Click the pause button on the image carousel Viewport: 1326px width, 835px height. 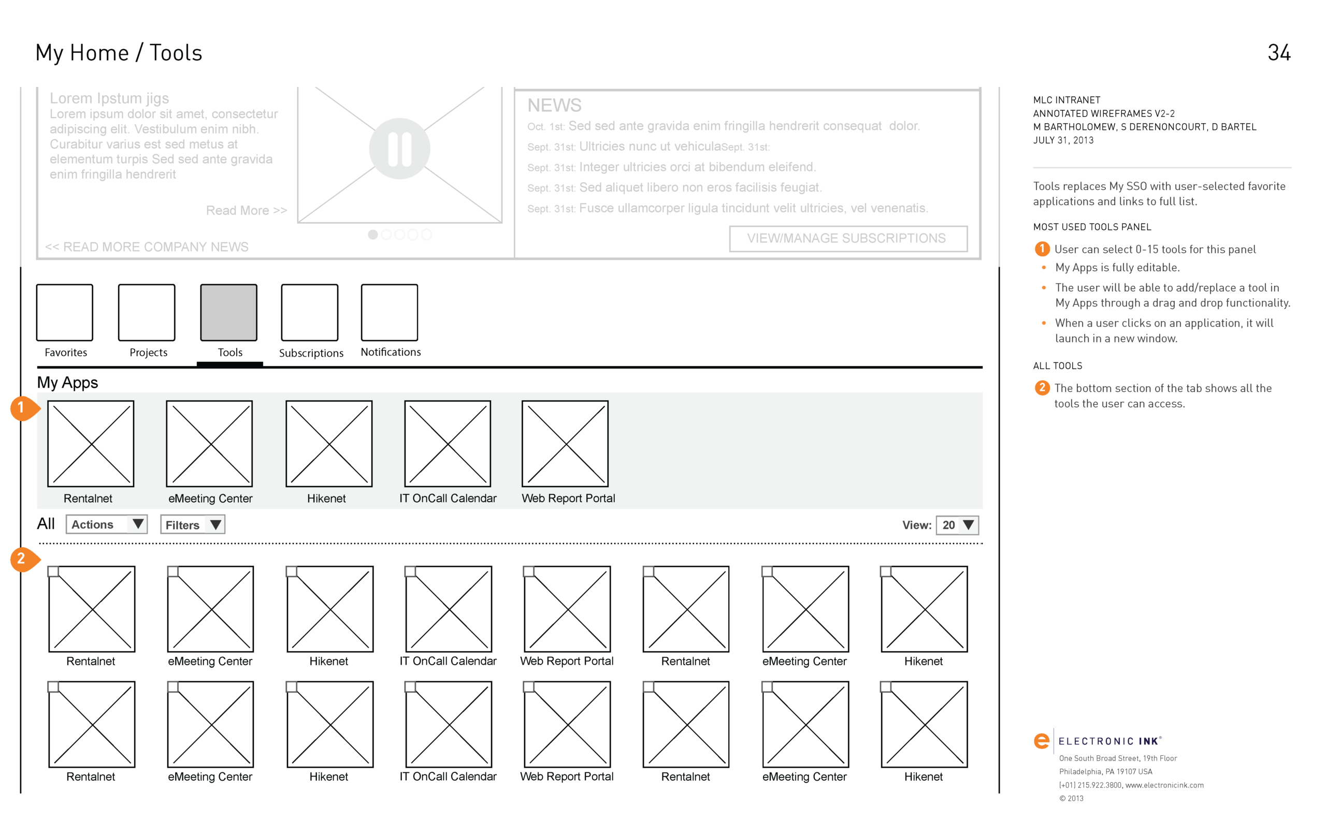[x=399, y=149]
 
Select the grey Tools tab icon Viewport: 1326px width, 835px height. [x=228, y=312]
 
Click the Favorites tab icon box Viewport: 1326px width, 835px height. [x=64, y=312]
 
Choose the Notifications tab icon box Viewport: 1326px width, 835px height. [x=390, y=312]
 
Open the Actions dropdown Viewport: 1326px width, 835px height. [x=107, y=524]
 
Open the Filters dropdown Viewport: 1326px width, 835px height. [x=192, y=524]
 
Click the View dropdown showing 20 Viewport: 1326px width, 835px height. [x=959, y=524]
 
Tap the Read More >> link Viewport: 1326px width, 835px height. [x=246, y=210]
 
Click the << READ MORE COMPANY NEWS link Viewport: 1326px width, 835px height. [x=147, y=246]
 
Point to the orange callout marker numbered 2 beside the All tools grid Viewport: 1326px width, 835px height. [x=22, y=559]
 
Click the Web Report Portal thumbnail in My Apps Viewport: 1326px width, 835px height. [x=565, y=444]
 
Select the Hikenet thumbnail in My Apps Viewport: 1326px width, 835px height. [x=329, y=444]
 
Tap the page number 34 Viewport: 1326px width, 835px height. [x=1279, y=53]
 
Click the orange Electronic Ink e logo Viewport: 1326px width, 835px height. [x=1041, y=741]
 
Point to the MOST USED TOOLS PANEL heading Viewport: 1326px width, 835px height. [x=1091, y=227]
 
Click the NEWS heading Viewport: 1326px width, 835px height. [x=554, y=105]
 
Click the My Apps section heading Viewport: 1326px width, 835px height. [x=67, y=383]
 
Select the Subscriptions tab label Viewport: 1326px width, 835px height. [x=311, y=353]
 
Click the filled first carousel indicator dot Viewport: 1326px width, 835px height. [x=373, y=235]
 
